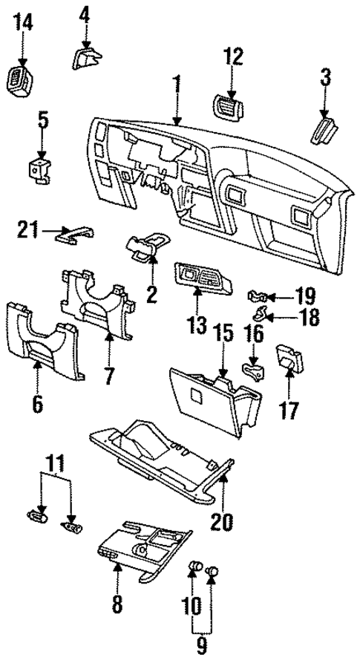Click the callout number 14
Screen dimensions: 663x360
[23, 23]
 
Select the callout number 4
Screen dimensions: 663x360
[84, 13]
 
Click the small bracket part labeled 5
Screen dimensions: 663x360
[41, 168]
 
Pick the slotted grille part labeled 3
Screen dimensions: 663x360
[324, 128]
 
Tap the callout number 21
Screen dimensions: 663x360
[27, 232]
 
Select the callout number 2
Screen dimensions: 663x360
[151, 295]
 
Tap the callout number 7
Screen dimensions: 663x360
[109, 376]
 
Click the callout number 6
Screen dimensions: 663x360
[37, 404]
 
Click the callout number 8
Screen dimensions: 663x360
[116, 605]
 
